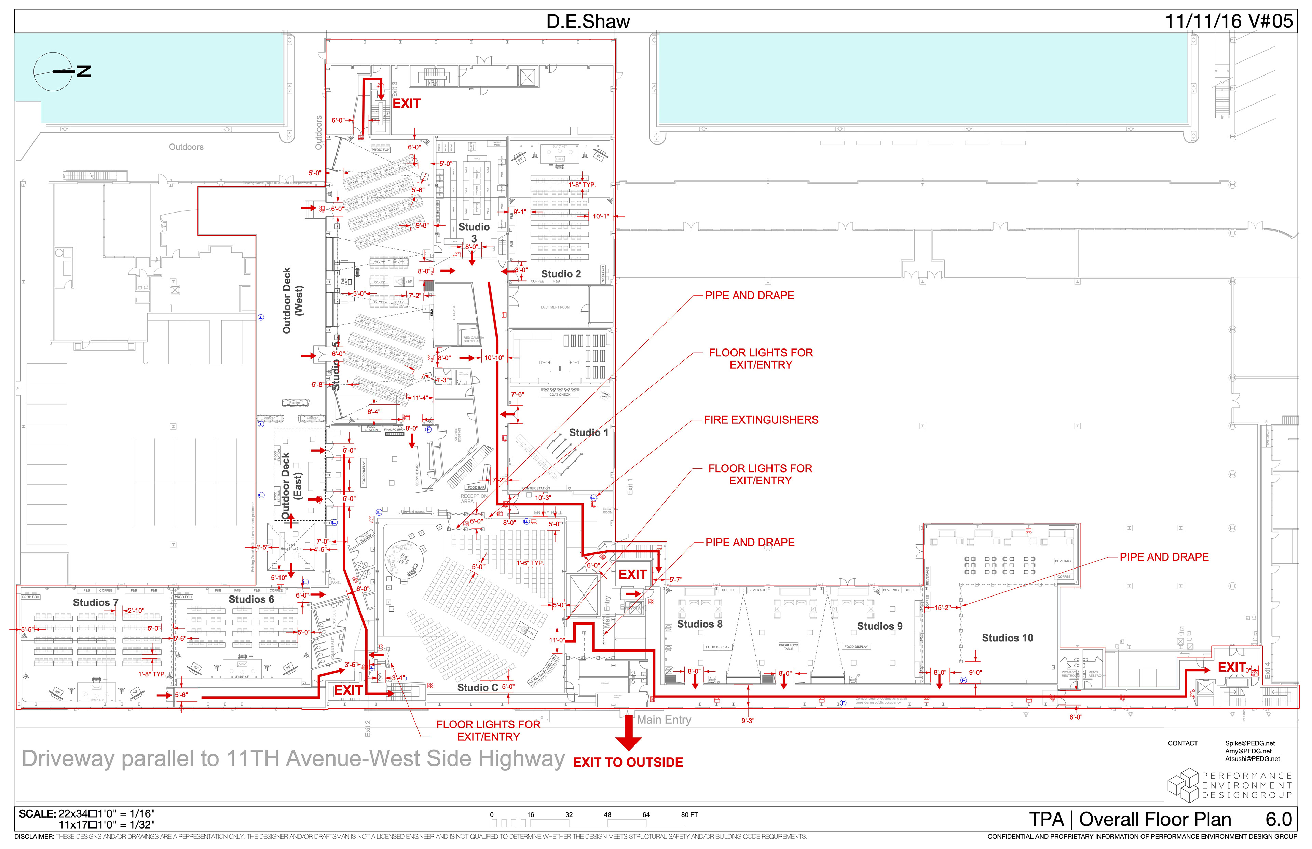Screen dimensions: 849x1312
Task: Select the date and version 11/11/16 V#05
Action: (x=1228, y=22)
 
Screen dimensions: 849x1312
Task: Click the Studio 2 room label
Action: (x=561, y=274)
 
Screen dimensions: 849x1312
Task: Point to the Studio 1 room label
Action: (x=588, y=433)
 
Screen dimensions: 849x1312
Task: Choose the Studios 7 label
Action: (x=95, y=603)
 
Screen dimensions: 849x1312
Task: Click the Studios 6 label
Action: (x=251, y=599)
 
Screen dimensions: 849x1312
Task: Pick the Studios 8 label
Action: (x=699, y=624)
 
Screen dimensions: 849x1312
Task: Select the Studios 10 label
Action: (x=1007, y=638)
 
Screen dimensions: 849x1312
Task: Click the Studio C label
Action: (x=477, y=687)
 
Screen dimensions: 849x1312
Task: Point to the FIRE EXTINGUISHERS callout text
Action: (x=761, y=420)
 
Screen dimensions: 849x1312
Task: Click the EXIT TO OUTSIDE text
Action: (x=628, y=763)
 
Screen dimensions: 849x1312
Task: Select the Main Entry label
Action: (x=664, y=720)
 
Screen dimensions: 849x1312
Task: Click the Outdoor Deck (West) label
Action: (x=292, y=300)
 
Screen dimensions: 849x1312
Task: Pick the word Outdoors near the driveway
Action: (x=186, y=147)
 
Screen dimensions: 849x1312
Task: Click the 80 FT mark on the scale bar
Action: (x=689, y=815)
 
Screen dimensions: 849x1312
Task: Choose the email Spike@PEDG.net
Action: (x=1250, y=744)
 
